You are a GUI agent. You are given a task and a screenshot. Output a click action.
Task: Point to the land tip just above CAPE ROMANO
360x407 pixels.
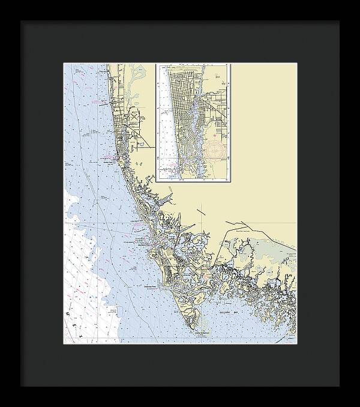(200, 324)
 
